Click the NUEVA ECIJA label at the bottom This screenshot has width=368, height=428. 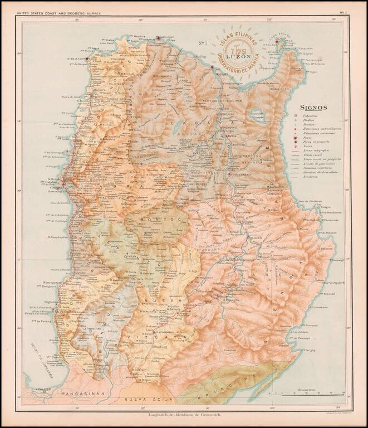pyautogui.click(x=149, y=399)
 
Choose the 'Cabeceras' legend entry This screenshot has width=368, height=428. pyautogui.click(x=312, y=115)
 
